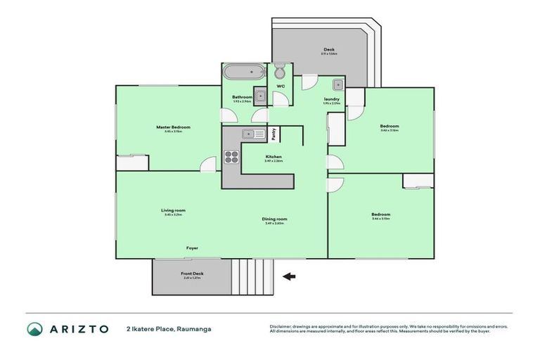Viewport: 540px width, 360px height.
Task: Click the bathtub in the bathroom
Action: pos(243,72)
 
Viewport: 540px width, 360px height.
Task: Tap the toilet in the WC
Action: pos(279,72)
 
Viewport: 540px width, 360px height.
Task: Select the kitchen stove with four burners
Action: pos(231,157)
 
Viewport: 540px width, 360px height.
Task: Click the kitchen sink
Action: pos(253,134)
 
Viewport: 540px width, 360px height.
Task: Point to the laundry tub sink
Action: pos(338,85)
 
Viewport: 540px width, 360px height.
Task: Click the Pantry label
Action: pos(274,133)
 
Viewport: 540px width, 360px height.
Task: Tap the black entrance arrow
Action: pos(288,276)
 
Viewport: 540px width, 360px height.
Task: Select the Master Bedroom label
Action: pos(173,127)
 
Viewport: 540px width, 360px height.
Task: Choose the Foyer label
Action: pos(192,248)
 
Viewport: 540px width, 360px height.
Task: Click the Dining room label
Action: pos(274,219)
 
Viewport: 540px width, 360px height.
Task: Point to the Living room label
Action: pos(173,210)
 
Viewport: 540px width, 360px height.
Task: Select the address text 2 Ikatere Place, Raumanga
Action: pos(169,328)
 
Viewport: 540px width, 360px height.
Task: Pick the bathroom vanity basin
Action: pos(260,96)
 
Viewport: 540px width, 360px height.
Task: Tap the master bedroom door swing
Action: pos(208,165)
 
